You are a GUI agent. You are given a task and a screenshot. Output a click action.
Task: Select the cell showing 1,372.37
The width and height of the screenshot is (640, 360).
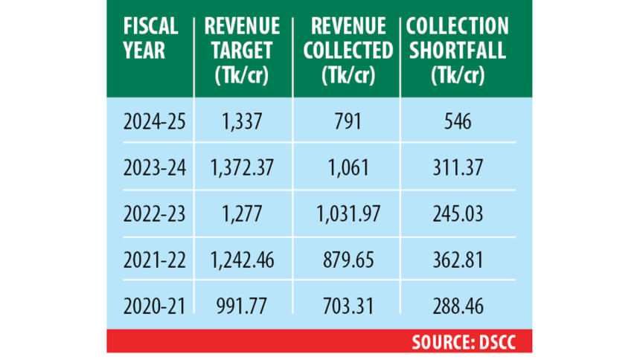243,168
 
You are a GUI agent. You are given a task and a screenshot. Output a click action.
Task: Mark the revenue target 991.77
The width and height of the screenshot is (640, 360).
243,305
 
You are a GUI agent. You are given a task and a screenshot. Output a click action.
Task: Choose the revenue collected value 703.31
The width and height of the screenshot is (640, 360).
346,305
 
